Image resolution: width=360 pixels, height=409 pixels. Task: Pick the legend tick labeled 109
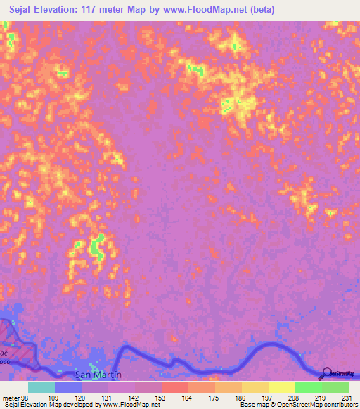[x=53, y=397]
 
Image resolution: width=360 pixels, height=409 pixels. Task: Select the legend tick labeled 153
[x=160, y=397]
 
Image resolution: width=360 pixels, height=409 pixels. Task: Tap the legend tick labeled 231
[x=348, y=397]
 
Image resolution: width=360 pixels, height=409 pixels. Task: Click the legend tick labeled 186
[x=240, y=397]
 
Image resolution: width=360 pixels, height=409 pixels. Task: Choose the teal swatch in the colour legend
[x=41, y=387]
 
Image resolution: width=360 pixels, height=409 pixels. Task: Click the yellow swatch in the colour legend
[x=281, y=387]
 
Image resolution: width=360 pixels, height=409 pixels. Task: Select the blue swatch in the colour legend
[x=67, y=387]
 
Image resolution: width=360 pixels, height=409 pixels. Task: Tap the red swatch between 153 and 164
[x=174, y=387]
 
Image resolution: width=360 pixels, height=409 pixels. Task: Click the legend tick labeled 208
[x=294, y=397]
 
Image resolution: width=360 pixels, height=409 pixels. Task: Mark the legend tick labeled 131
[x=107, y=397]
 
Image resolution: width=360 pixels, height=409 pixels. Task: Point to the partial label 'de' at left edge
[x=4, y=351]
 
